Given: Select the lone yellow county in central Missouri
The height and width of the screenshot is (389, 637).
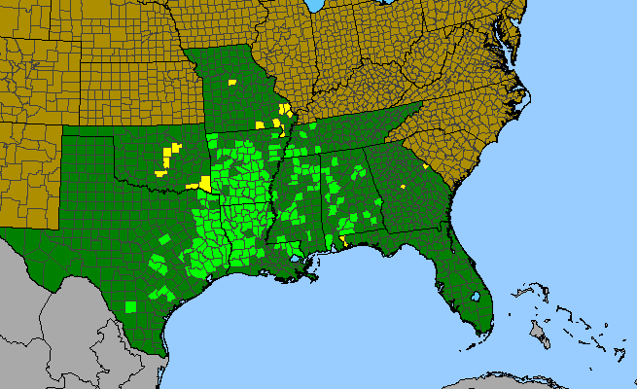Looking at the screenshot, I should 232,84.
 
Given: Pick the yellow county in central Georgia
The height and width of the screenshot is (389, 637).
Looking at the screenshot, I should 403,185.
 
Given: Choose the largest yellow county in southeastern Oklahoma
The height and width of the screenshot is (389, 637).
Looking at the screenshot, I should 205,183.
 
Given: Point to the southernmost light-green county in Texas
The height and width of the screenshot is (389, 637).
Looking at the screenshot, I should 131,306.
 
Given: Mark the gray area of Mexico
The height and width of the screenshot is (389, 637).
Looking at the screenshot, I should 58,311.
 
